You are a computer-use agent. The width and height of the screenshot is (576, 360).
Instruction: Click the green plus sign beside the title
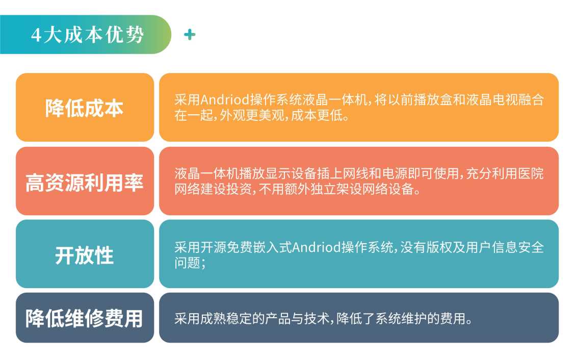click(x=190, y=35)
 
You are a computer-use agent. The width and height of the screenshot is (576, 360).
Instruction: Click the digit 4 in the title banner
click(x=36, y=35)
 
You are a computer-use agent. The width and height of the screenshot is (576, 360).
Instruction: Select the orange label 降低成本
click(x=84, y=108)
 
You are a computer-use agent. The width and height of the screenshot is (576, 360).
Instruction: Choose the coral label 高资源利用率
click(x=84, y=182)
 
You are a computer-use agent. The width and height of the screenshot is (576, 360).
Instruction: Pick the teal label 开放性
click(x=84, y=255)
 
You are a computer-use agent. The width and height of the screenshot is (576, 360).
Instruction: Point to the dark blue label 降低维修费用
click(x=84, y=318)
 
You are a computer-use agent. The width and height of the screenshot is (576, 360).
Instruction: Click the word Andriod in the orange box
click(x=225, y=99)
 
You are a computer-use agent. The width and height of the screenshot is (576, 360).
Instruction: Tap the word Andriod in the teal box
click(x=316, y=247)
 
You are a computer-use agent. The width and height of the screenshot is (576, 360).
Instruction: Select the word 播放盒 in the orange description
click(x=432, y=100)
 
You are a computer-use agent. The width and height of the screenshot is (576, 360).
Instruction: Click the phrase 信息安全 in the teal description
click(x=517, y=247)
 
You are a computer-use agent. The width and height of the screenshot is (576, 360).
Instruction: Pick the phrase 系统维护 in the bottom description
click(x=401, y=319)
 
